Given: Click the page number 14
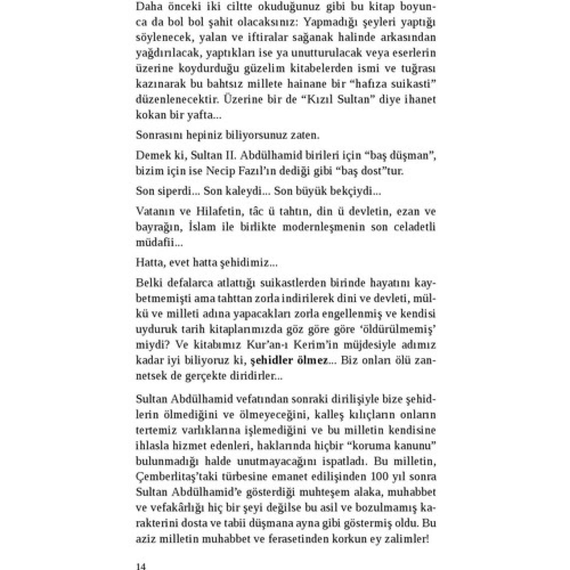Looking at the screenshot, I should click(140, 566).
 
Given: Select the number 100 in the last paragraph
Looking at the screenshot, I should click(380, 475).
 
